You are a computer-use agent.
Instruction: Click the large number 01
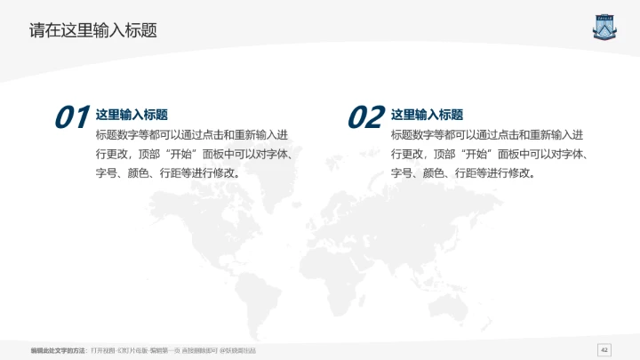pos(71,117)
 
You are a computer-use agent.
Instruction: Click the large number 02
pos(364,117)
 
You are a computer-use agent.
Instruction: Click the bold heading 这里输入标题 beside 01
pos(132,115)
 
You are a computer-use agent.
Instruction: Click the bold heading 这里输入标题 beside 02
pos(427,115)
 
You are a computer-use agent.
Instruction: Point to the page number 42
pos(605,348)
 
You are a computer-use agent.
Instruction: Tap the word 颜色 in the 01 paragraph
pos(139,172)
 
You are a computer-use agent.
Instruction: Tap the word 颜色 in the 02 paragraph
pos(434,172)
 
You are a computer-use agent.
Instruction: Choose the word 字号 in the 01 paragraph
pos(106,172)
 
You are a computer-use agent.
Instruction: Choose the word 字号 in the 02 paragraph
pos(401,172)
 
